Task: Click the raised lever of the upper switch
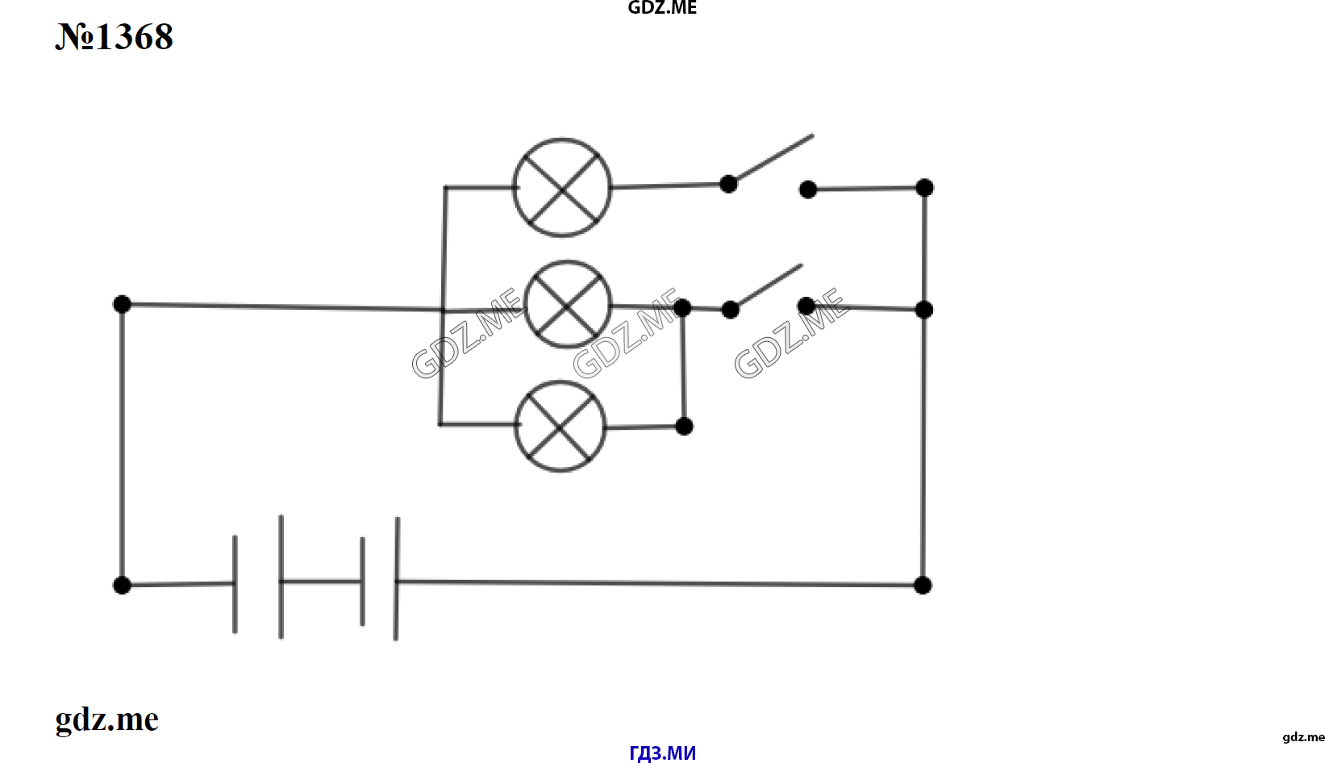click(x=771, y=160)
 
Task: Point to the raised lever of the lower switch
click(x=767, y=286)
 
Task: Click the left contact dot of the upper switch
click(x=728, y=184)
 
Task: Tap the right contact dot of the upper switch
click(x=808, y=190)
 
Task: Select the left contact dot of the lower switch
click(x=731, y=310)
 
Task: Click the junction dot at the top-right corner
click(x=924, y=187)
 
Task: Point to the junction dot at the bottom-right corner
click(x=923, y=585)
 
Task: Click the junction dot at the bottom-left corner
click(x=122, y=585)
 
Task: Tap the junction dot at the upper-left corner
click(x=122, y=304)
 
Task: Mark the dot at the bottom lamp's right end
click(x=684, y=426)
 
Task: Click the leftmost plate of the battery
click(x=235, y=585)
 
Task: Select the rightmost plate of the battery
click(x=396, y=578)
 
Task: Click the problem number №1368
click(x=115, y=36)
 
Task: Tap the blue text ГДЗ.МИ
click(x=663, y=753)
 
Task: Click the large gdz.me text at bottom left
click(x=107, y=719)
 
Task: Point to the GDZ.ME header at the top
click(x=663, y=8)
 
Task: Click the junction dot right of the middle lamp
click(x=682, y=307)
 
